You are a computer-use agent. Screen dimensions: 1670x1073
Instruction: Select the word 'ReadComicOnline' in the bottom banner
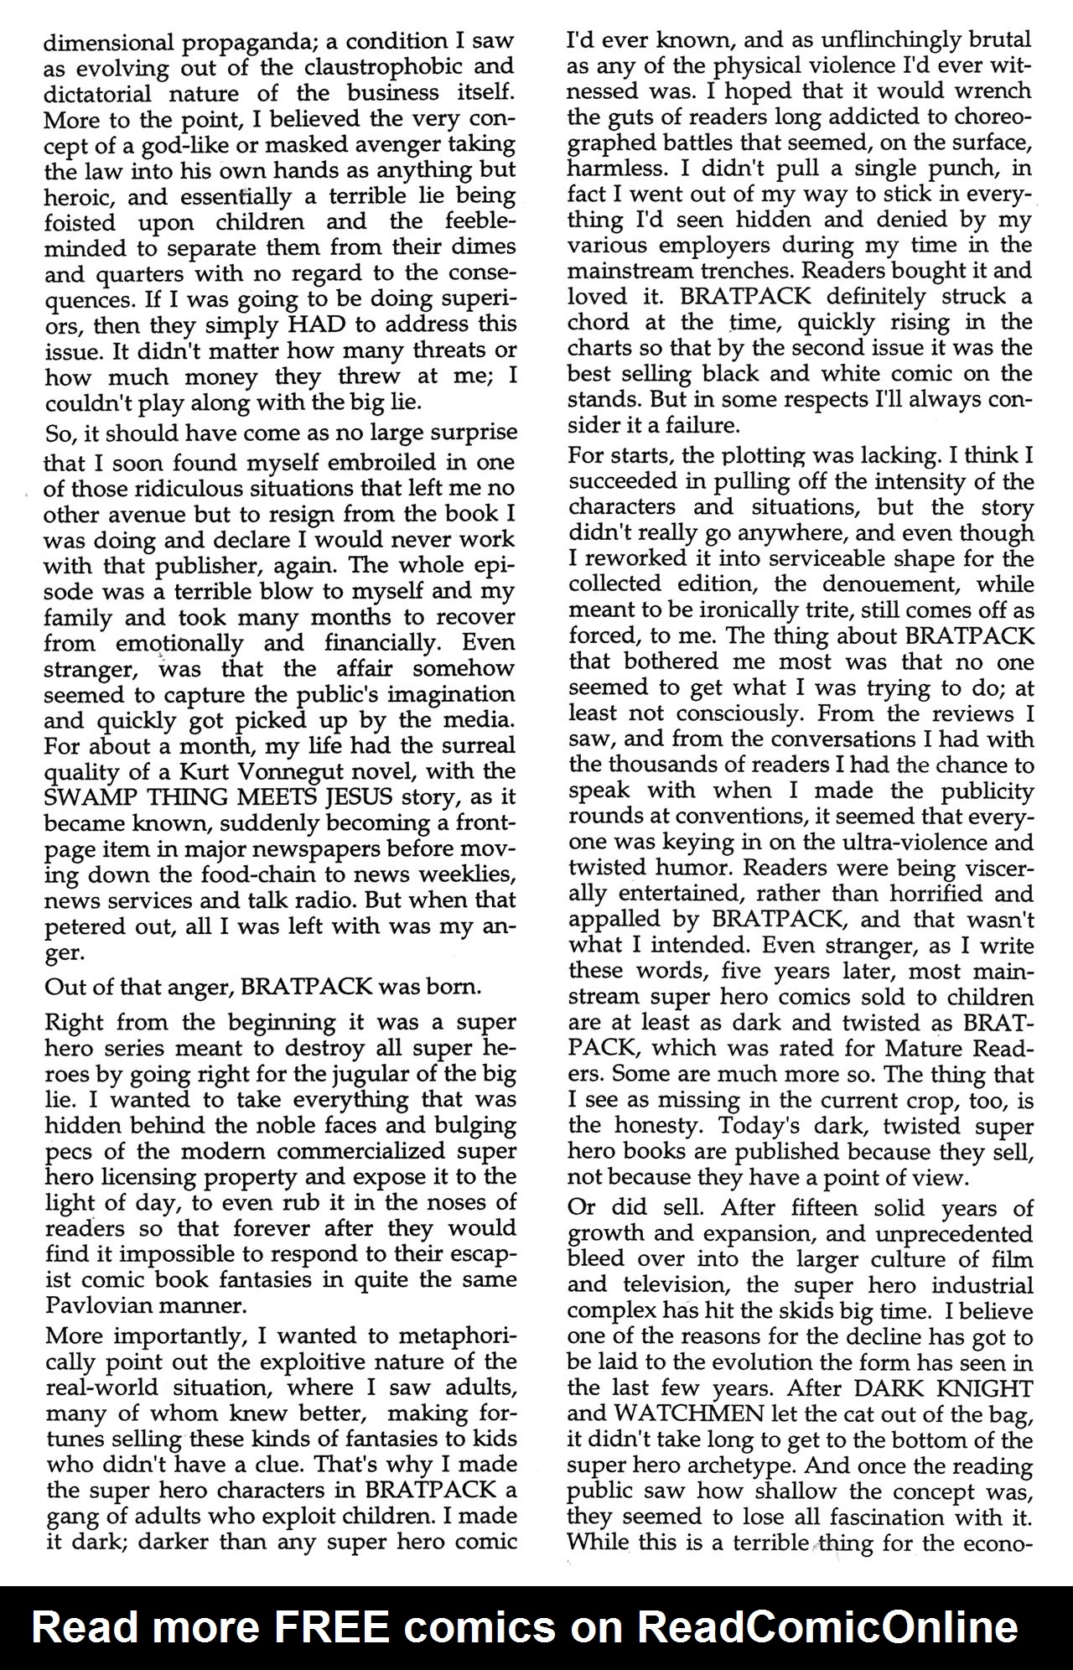coord(827,1627)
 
